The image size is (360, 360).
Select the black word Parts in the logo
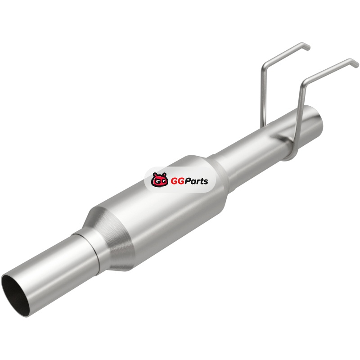coord(197,181)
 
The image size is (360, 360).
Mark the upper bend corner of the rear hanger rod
coord(264,65)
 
